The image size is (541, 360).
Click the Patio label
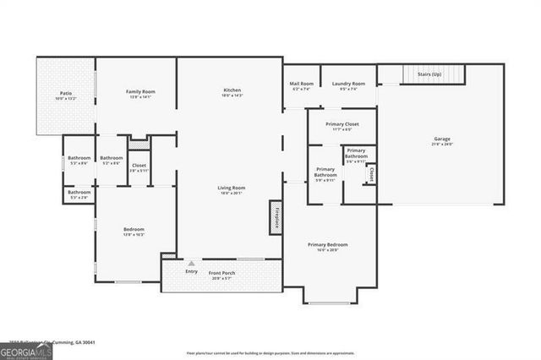coord(65,93)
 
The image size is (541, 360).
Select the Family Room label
coord(140,91)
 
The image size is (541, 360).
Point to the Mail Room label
coord(301,84)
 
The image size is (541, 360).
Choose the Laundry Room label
coord(347,84)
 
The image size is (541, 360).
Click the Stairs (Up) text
coord(429,74)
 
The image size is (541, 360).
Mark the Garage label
coord(443,139)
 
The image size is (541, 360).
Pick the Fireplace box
coord(276,216)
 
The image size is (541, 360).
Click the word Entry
coord(192,271)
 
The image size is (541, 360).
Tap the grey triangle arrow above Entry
coord(192,263)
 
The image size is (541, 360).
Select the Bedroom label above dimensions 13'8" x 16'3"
coord(134,229)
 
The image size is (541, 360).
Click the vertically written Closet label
coord(371,174)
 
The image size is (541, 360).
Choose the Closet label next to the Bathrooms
coord(139,166)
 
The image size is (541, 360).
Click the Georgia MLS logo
coord(25,348)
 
